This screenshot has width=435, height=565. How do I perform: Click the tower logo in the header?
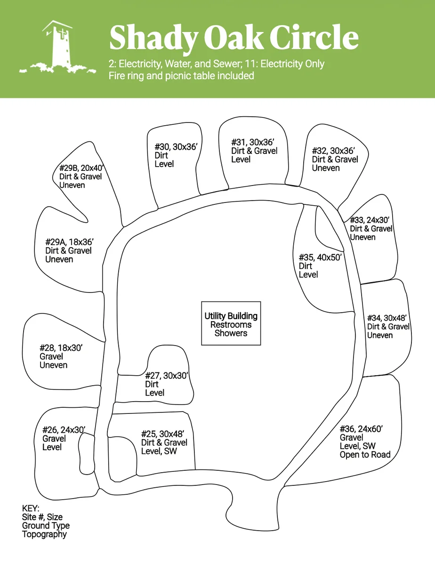(56, 47)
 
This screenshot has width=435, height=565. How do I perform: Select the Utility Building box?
(231, 323)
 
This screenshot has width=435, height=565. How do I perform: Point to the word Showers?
(231, 333)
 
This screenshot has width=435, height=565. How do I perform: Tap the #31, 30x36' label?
(253, 142)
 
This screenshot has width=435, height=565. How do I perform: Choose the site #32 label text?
(333, 151)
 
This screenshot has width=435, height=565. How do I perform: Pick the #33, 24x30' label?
(370, 220)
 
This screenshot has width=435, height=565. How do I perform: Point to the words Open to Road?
(365, 454)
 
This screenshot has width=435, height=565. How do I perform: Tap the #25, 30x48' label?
(162, 434)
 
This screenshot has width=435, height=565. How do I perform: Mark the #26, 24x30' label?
(64, 430)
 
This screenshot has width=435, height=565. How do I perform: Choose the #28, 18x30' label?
(61, 348)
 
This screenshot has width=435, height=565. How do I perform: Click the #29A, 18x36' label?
(70, 242)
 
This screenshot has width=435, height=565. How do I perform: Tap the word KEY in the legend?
(31, 508)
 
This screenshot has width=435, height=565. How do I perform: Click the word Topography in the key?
(44, 534)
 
